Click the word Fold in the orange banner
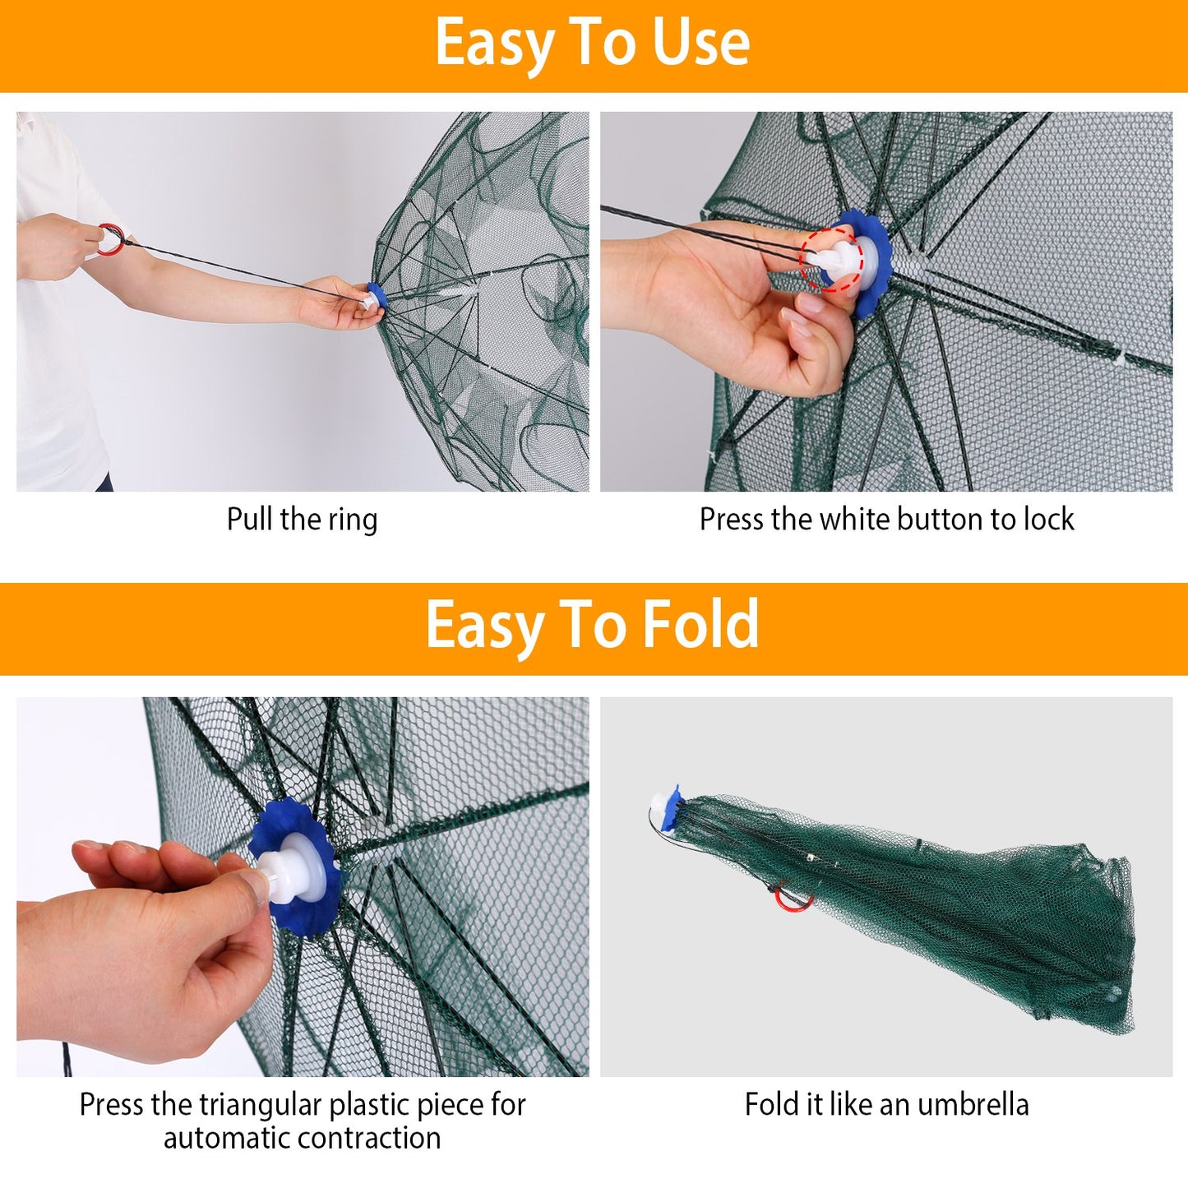[x=700, y=626]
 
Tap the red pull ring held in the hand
[x=111, y=239]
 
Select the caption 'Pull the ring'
[x=302, y=520]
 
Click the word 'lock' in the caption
[x=1048, y=520]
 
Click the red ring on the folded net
[x=793, y=899]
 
